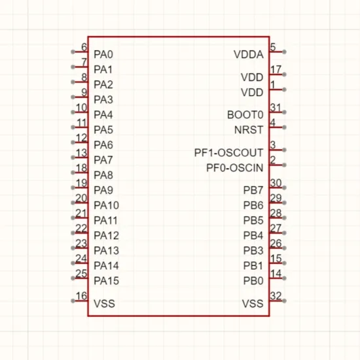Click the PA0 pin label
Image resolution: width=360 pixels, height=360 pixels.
(103, 54)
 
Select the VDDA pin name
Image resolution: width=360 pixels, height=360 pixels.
(249, 54)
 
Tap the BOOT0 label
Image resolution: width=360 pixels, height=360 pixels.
(245, 115)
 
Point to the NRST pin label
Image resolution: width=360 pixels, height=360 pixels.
(249, 130)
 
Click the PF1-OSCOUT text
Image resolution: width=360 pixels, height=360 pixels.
(229, 153)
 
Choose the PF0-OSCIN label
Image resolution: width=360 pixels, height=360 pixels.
(235, 168)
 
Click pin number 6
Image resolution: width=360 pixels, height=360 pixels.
(84, 47)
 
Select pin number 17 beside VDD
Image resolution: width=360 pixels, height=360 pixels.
(276, 69)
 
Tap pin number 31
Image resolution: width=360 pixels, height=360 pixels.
(276, 107)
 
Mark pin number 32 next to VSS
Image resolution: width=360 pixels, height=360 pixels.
(276, 296)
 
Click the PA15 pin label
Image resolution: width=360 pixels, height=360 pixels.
(106, 281)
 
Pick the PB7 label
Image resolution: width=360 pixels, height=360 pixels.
(253, 190)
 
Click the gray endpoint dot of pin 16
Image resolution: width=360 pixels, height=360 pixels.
(73, 301)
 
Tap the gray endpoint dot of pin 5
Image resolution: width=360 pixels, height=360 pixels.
(284, 52)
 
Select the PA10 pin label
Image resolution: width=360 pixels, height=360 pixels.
(106, 206)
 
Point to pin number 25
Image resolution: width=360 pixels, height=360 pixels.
(81, 274)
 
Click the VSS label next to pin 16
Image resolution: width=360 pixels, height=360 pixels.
(104, 304)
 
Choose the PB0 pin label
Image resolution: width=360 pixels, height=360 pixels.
(253, 281)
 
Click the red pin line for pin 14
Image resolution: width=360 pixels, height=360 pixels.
(277, 278)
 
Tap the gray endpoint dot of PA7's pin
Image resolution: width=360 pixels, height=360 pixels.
(73, 158)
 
